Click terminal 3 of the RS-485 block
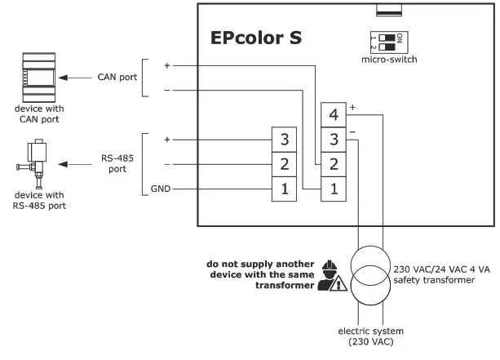pyautogui.click(x=284, y=139)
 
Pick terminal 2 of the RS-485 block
pyautogui.click(x=284, y=164)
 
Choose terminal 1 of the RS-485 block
pyautogui.click(x=284, y=189)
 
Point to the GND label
pyautogui.click(x=161, y=189)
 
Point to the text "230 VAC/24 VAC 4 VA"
pyautogui.click(x=440, y=269)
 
